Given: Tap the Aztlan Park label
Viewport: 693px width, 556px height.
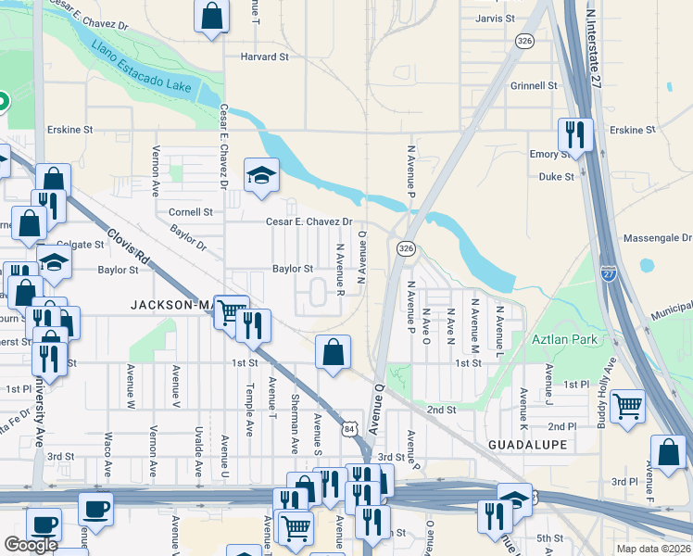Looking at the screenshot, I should coord(565,339).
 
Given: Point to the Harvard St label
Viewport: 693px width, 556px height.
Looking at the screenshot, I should coord(265,57).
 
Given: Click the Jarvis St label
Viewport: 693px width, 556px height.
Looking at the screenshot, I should coord(494,19).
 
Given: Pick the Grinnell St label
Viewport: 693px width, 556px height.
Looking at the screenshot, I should coord(533,85).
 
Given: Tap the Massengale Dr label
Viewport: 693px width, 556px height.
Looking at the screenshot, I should coord(659,239).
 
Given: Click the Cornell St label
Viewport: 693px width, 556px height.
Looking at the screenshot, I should coord(191,211).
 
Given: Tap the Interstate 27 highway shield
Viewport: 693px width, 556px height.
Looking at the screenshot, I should coord(607,274).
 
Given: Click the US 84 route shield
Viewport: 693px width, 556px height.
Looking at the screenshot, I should coord(347,429).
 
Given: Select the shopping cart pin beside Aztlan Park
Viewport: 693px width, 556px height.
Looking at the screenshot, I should coord(628,405).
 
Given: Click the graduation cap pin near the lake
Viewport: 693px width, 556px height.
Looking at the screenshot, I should coord(262,174).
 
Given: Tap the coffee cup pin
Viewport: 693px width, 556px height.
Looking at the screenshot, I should coord(95,507).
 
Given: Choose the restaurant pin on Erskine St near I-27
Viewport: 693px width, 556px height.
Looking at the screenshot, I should coord(575,134).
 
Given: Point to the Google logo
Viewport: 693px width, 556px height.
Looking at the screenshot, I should coord(31,545).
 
